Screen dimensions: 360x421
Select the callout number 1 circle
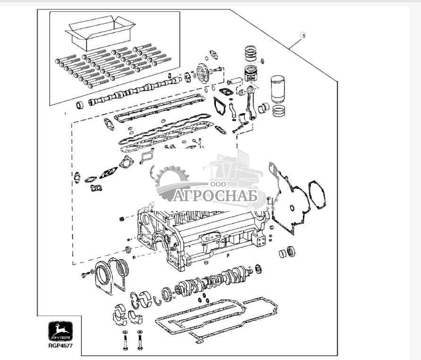tap(303, 35)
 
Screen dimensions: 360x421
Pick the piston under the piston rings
tap(253, 74)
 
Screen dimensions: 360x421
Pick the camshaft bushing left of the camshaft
tap(80, 104)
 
